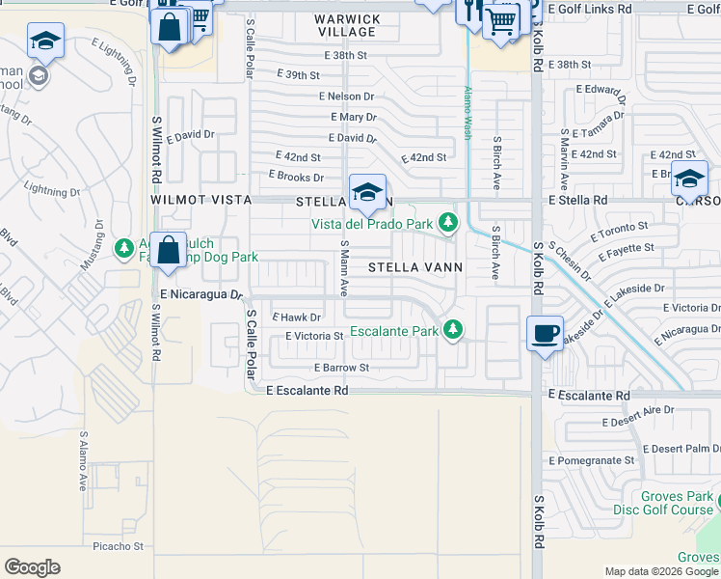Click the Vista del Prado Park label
370,224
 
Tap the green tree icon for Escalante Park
450,330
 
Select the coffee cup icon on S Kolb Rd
545,333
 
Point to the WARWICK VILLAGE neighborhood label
346,25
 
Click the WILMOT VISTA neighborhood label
199,200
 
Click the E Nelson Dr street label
346,96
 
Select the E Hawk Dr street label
296,317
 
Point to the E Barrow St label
341,368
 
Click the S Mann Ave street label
344,268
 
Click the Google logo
32,567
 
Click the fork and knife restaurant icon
469,12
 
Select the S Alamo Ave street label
84,462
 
